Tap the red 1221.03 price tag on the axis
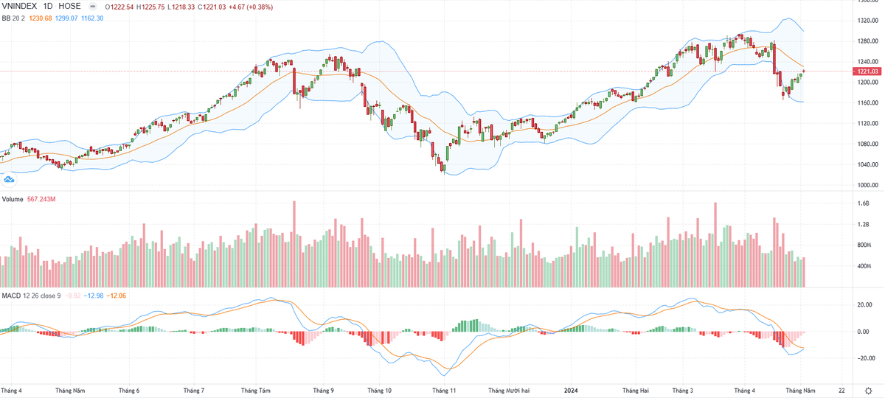click(x=864, y=71)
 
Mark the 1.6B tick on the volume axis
click(x=863, y=203)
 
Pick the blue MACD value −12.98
click(x=93, y=296)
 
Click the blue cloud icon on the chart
click(x=10, y=179)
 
